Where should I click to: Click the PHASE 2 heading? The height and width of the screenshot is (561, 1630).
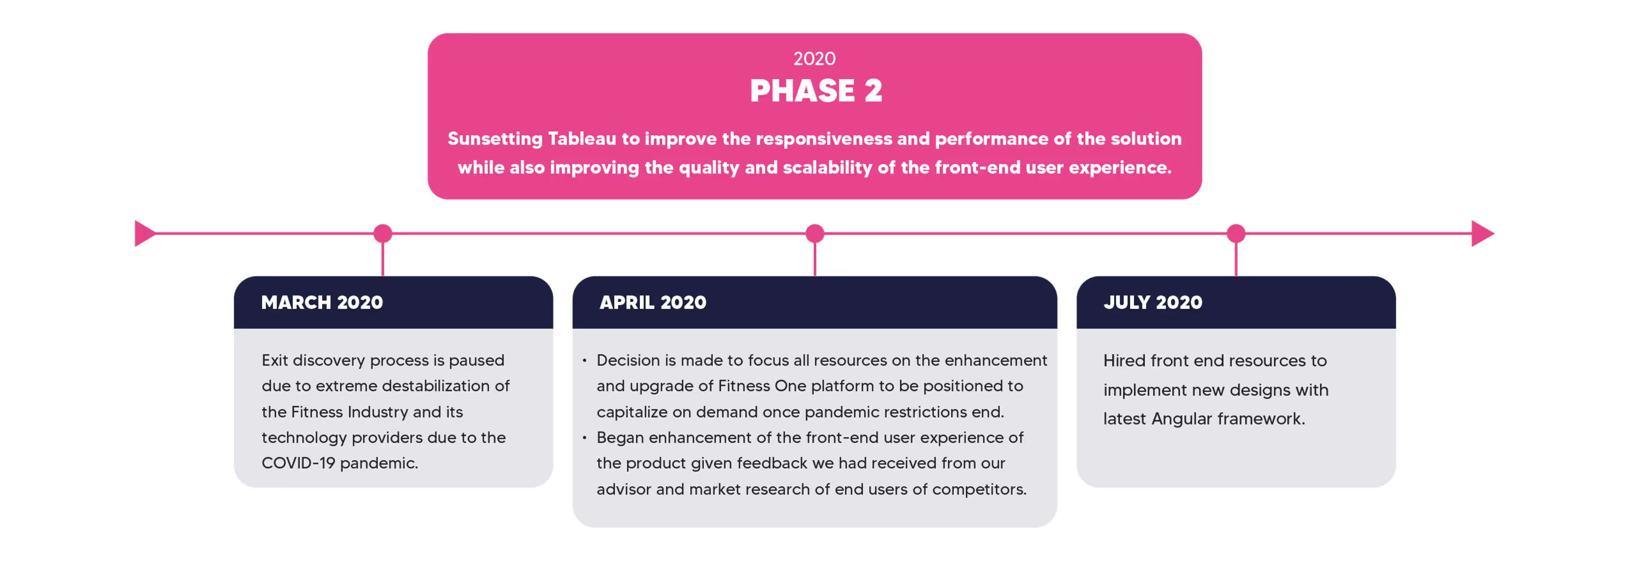815,90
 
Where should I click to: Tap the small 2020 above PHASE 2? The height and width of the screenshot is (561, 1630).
814,59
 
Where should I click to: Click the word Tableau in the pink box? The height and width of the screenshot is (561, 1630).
581,138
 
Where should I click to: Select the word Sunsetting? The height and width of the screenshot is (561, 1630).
495,138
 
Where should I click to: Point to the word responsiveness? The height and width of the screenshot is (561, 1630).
823,138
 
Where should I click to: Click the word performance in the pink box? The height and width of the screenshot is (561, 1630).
991,138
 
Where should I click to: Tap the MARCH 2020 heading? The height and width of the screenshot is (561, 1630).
322,302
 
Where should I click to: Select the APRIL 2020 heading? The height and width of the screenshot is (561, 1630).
652,302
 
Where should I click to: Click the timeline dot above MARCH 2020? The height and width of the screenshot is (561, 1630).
382,233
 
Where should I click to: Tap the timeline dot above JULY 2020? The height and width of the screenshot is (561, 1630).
1236,233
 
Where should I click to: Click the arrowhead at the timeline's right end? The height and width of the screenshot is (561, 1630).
1482,233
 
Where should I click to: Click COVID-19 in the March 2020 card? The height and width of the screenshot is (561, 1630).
298,463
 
